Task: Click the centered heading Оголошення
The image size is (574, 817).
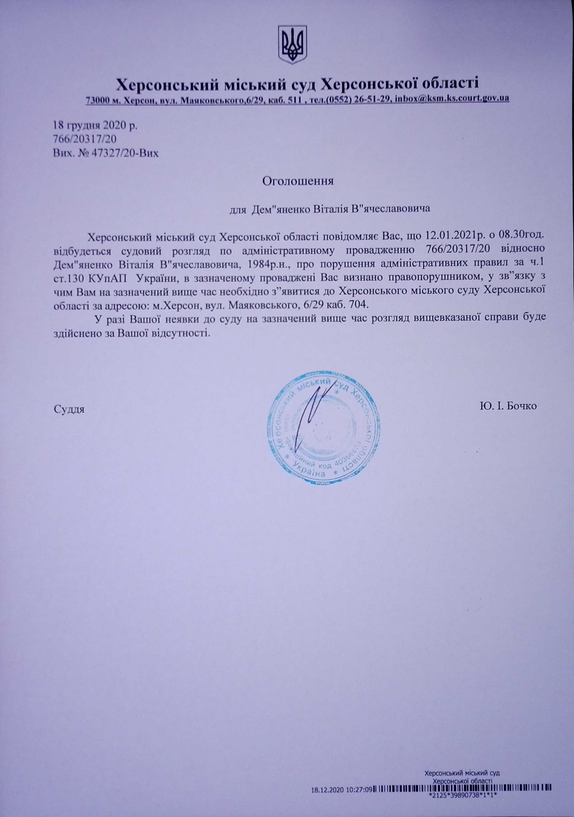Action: coord(298,181)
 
